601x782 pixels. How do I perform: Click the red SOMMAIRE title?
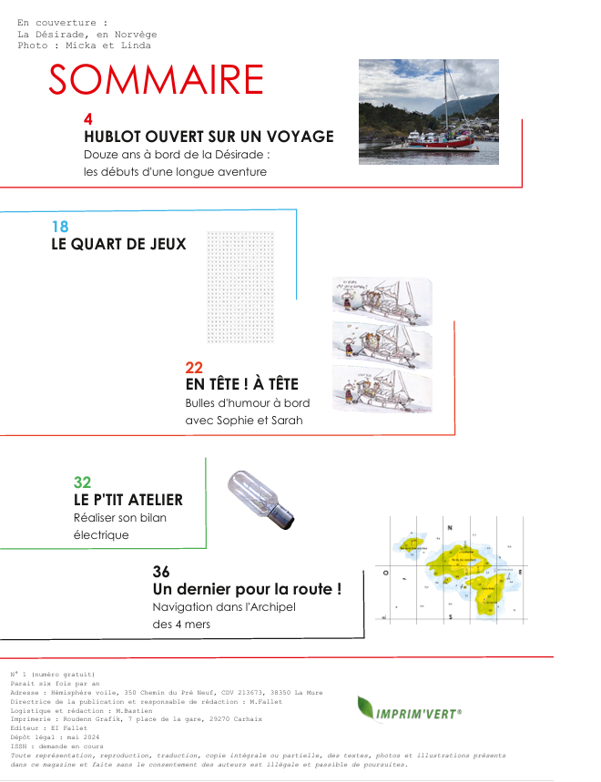point(156,81)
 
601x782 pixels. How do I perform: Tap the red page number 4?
point(88,119)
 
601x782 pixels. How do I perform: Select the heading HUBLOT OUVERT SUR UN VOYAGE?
point(209,137)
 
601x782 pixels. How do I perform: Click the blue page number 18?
point(60,227)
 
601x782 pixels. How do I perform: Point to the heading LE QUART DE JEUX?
point(118,244)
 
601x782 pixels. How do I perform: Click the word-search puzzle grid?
point(240,288)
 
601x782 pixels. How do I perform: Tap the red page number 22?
point(194,368)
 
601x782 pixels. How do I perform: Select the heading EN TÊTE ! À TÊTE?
point(241,385)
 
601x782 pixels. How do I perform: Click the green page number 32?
point(82,482)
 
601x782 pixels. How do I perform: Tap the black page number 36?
point(161,572)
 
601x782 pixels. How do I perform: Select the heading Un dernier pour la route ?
point(247,589)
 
